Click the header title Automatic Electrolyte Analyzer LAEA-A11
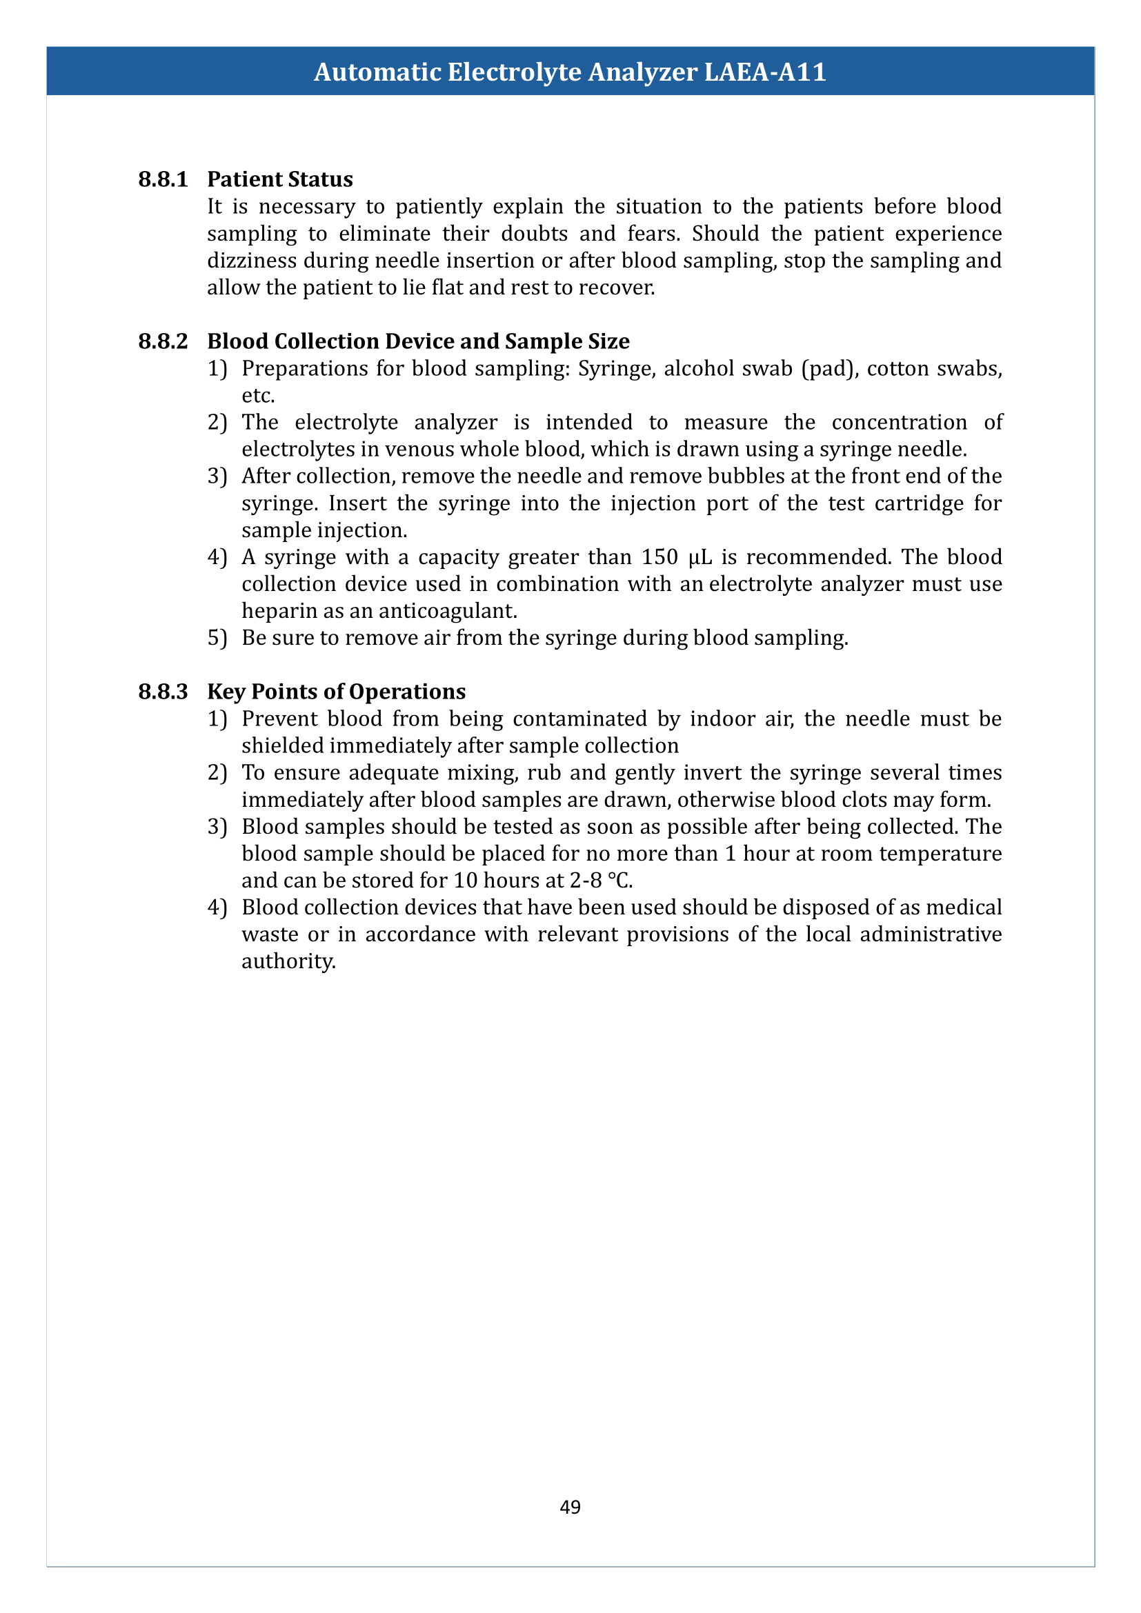(x=570, y=72)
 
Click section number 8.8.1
(x=163, y=179)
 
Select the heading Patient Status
(x=279, y=179)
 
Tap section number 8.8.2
(x=163, y=341)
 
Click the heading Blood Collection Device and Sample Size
(x=418, y=341)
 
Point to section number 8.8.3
(x=163, y=691)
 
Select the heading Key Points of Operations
(x=336, y=691)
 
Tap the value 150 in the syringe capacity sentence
(x=659, y=557)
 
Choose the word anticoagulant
(x=448, y=611)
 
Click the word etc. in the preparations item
(x=258, y=396)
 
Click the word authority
(x=288, y=961)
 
